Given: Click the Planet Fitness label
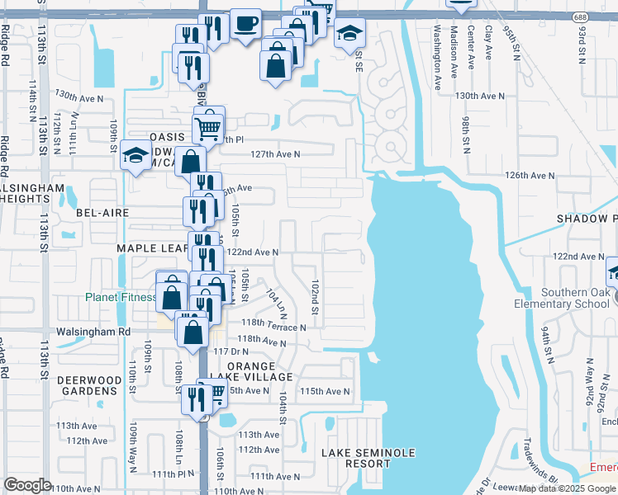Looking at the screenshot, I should pos(120,298).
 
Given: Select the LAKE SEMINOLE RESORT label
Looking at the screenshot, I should pos(368,459).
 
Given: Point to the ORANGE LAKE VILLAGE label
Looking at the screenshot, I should pos(259,371).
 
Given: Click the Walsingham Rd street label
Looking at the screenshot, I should pos(93,332).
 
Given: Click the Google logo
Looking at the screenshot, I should pos(27,485).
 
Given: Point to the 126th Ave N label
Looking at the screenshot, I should pos(530,176).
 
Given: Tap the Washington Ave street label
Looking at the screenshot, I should pos(436,51).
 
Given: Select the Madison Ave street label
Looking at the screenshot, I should pos(454,51).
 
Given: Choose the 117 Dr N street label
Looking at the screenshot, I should pos(232,352).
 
